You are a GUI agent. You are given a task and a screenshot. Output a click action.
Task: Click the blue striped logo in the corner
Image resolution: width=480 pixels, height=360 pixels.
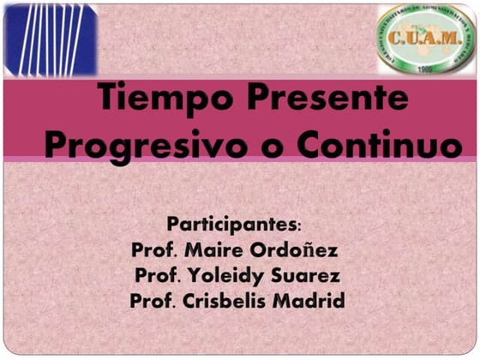51,39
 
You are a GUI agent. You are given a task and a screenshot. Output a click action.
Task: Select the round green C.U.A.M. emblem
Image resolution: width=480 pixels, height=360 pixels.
426,39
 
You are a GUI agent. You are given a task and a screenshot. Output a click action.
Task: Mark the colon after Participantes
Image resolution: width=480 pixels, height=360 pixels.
298,226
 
